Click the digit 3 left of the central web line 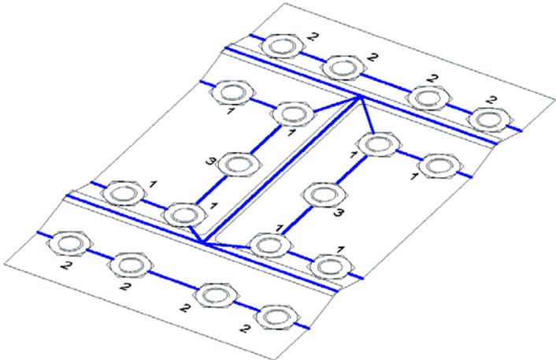tap(210, 161)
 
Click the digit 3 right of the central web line tap(339, 213)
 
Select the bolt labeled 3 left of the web tap(239, 164)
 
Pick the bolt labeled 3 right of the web tap(324, 195)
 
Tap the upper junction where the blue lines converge tap(359, 97)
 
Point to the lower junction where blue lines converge tap(202, 243)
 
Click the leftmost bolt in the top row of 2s tap(282, 46)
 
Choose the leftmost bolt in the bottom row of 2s tap(71, 243)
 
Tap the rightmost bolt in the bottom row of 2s tap(278, 316)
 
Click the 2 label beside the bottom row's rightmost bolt tap(245, 329)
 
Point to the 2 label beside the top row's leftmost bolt tap(313, 36)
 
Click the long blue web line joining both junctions tap(281, 170)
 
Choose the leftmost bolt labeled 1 tap(124, 194)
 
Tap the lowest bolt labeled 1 tap(332, 267)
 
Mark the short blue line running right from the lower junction tap(227, 245)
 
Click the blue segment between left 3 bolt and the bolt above tap(265, 139)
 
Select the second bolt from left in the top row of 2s tap(343, 68)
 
